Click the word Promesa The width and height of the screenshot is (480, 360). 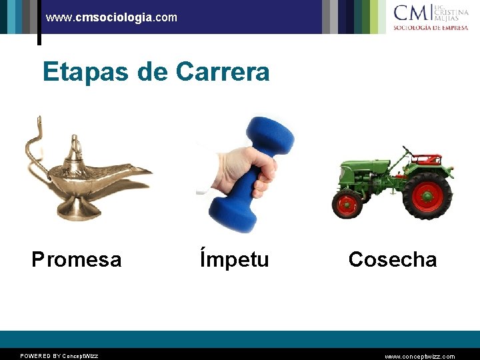[x=77, y=259]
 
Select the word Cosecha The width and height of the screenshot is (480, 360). [x=392, y=259]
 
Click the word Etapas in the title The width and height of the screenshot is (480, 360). [x=87, y=71]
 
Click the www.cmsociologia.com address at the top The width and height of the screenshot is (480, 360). [x=111, y=17]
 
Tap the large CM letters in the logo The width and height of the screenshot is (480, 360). [x=411, y=13]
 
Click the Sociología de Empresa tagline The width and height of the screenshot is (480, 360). [x=430, y=28]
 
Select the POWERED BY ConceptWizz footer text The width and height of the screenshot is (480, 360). [x=59, y=356]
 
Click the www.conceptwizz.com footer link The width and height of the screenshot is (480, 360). [x=420, y=356]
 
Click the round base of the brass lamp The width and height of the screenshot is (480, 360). [x=78, y=209]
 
